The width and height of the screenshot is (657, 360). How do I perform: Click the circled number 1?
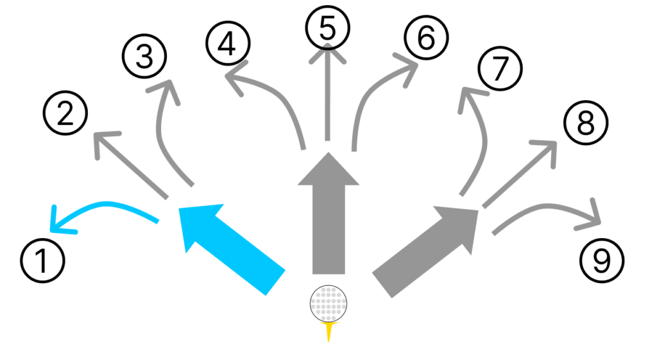[42, 262]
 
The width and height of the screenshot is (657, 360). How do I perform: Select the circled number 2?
[65, 115]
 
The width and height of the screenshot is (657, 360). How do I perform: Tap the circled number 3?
[144, 58]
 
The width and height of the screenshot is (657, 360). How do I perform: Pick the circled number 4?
[228, 42]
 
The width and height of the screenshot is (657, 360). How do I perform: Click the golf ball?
[328, 304]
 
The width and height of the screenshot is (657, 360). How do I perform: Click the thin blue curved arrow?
[103, 210]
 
